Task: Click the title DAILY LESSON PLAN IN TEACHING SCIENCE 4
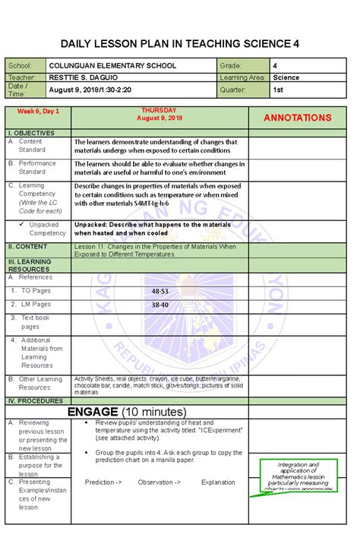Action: (179, 44)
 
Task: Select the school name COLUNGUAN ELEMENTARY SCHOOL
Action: (112, 66)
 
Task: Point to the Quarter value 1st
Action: (279, 90)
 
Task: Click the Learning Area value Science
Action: (286, 77)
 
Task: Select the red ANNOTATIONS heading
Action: (297, 118)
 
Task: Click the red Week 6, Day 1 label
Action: (39, 112)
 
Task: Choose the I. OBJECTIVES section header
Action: (31, 132)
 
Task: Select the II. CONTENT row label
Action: (28, 247)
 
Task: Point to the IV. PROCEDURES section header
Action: (35, 400)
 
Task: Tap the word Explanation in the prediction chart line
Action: (218, 482)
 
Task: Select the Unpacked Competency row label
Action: (46, 229)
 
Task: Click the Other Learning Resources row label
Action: (39, 383)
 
